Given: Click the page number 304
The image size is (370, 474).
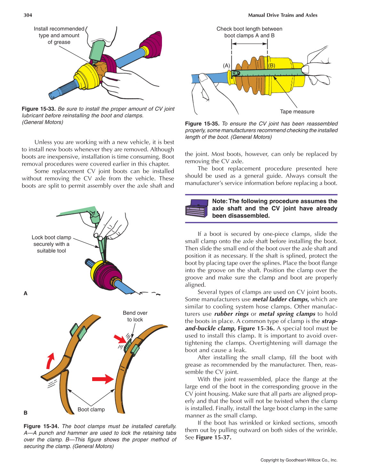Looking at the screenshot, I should tap(28, 15).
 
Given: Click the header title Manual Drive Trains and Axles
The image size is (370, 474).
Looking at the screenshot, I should tap(282, 15).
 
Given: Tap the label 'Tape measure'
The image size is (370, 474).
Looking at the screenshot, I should tap(297, 112).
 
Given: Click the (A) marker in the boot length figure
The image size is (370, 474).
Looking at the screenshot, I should tap(226, 65).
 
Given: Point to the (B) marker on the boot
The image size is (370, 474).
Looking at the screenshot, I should tap(271, 65).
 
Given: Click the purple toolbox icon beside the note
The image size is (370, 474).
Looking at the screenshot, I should tap(197, 209).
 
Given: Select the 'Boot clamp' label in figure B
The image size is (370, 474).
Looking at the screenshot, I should tap(91, 410).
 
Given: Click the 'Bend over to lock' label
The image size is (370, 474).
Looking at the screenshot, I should tap(135, 316).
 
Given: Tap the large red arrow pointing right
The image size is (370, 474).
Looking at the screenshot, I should tap(103, 379).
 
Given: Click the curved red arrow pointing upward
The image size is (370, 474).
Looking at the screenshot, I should tap(50, 361).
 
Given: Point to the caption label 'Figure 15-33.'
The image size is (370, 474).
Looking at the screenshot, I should tap(39, 109).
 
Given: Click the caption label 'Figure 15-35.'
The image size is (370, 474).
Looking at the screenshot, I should tap(202, 124).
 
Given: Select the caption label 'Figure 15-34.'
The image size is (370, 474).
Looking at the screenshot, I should tap(41, 426).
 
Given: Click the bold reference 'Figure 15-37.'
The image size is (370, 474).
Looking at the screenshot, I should tap(213, 437).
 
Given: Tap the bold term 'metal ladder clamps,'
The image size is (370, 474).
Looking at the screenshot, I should tap(280, 299).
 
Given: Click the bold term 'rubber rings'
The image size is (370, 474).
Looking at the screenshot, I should tap(231, 314).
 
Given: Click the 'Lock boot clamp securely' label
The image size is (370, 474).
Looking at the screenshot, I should tap(52, 244).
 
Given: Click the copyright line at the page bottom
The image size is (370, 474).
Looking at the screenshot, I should tap(299, 460).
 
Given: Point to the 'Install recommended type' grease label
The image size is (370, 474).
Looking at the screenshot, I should tap(59, 35).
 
